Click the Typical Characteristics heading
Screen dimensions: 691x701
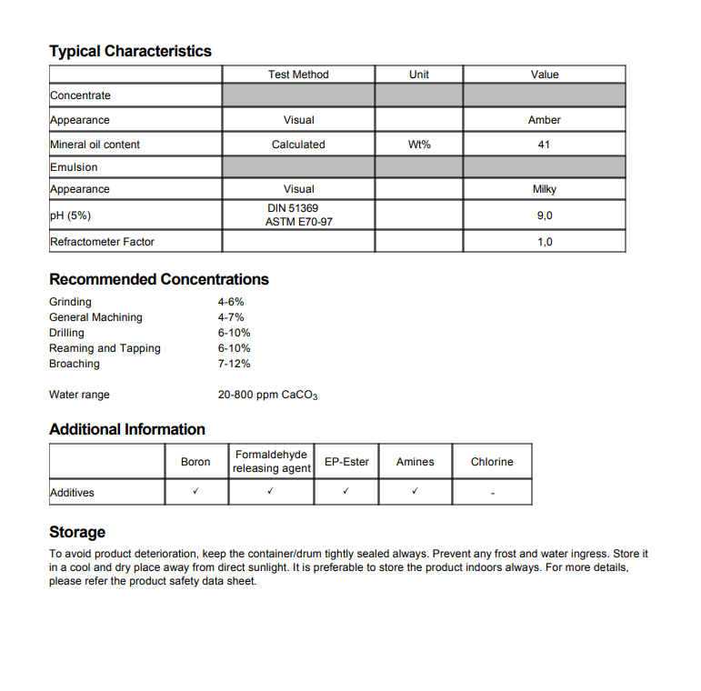tap(130, 52)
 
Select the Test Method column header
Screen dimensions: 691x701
tap(298, 75)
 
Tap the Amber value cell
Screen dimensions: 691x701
tap(545, 120)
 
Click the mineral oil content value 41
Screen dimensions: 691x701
tap(545, 145)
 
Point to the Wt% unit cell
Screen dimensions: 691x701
tap(419, 145)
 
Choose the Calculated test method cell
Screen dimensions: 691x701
tap(298, 145)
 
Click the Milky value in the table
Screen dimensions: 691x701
tap(545, 189)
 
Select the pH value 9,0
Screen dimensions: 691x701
tap(545, 215)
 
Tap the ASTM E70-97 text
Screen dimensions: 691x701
tap(298, 222)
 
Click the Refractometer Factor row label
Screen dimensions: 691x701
tap(102, 242)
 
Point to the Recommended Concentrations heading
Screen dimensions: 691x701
tap(159, 279)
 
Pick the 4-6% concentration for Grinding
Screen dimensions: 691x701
tap(231, 302)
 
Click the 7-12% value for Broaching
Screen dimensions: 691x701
tap(235, 364)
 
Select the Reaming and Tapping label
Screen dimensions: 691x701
tap(105, 348)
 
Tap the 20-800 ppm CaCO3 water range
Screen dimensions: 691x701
tap(267, 396)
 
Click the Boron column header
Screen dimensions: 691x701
tap(195, 462)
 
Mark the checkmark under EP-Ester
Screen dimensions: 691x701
tap(345, 492)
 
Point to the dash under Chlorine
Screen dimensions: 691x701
tap(492, 494)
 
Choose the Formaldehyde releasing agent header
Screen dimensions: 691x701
tap(271, 461)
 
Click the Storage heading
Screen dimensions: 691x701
tap(77, 532)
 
